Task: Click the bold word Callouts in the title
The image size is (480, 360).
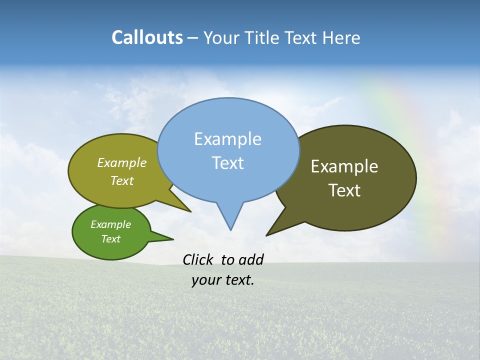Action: tap(147, 37)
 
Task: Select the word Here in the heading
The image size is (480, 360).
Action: tap(341, 37)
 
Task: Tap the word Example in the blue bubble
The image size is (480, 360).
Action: tap(227, 139)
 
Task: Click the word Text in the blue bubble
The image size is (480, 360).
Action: tap(227, 163)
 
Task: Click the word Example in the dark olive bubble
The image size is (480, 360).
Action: tap(344, 166)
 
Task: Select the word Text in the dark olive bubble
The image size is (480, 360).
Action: tap(344, 190)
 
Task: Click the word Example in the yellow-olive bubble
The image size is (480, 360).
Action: tap(121, 163)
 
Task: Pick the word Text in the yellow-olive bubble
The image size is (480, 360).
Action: tap(121, 181)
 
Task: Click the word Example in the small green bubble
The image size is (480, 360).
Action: tap(110, 224)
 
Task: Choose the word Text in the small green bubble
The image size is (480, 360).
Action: tap(110, 239)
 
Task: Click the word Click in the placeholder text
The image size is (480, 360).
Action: tap(198, 259)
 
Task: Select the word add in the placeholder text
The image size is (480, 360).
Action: tap(250, 259)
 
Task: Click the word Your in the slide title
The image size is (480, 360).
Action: tap(220, 37)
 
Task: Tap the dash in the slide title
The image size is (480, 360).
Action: tap(193, 37)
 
